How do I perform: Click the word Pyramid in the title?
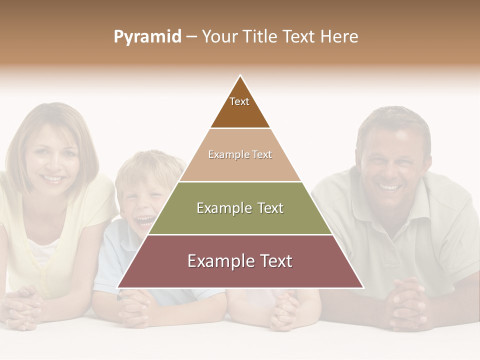pos(147,37)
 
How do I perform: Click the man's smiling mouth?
pos(390,187)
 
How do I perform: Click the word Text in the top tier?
pos(239,101)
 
